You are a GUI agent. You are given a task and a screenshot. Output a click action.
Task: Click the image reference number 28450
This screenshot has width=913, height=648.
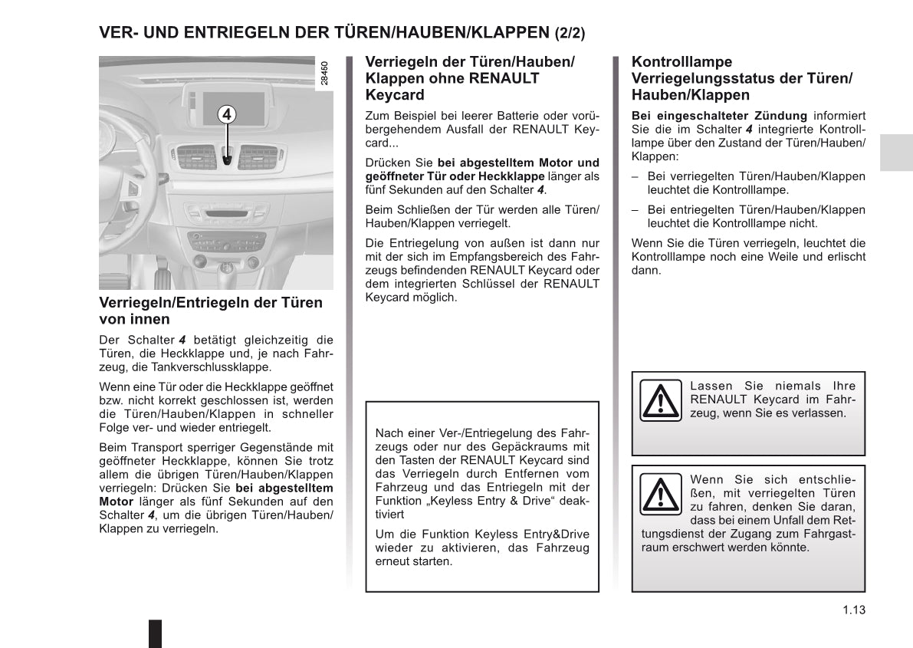(325, 74)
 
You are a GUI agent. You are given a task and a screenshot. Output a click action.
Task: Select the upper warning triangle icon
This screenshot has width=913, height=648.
(659, 400)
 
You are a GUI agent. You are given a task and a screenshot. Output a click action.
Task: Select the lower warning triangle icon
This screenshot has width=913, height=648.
(659, 494)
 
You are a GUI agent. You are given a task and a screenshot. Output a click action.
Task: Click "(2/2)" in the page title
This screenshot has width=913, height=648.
(569, 33)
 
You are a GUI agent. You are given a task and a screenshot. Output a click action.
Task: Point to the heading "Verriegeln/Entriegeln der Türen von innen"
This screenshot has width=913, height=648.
(211, 311)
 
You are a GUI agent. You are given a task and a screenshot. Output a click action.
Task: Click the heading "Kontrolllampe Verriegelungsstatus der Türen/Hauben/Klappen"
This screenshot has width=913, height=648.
(741, 78)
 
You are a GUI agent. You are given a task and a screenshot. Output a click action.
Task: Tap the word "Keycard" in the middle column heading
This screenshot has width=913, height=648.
(395, 95)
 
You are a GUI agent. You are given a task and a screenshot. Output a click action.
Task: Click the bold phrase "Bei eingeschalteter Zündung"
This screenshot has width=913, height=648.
(719, 116)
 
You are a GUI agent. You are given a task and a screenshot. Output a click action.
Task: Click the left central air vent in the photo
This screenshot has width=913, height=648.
(198, 156)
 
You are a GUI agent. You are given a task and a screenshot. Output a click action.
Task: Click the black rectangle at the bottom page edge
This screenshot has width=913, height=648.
(155, 632)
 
